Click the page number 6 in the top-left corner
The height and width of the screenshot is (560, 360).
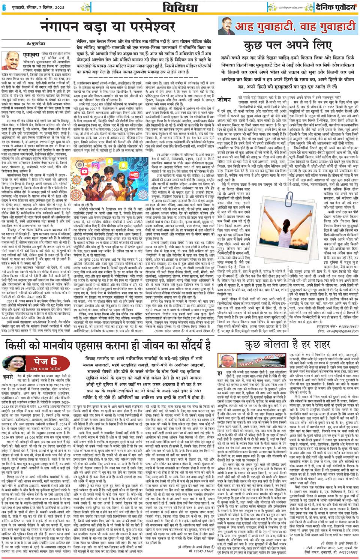(x=3, y=7)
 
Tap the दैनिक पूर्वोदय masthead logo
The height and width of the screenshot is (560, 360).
(x=333, y=6)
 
